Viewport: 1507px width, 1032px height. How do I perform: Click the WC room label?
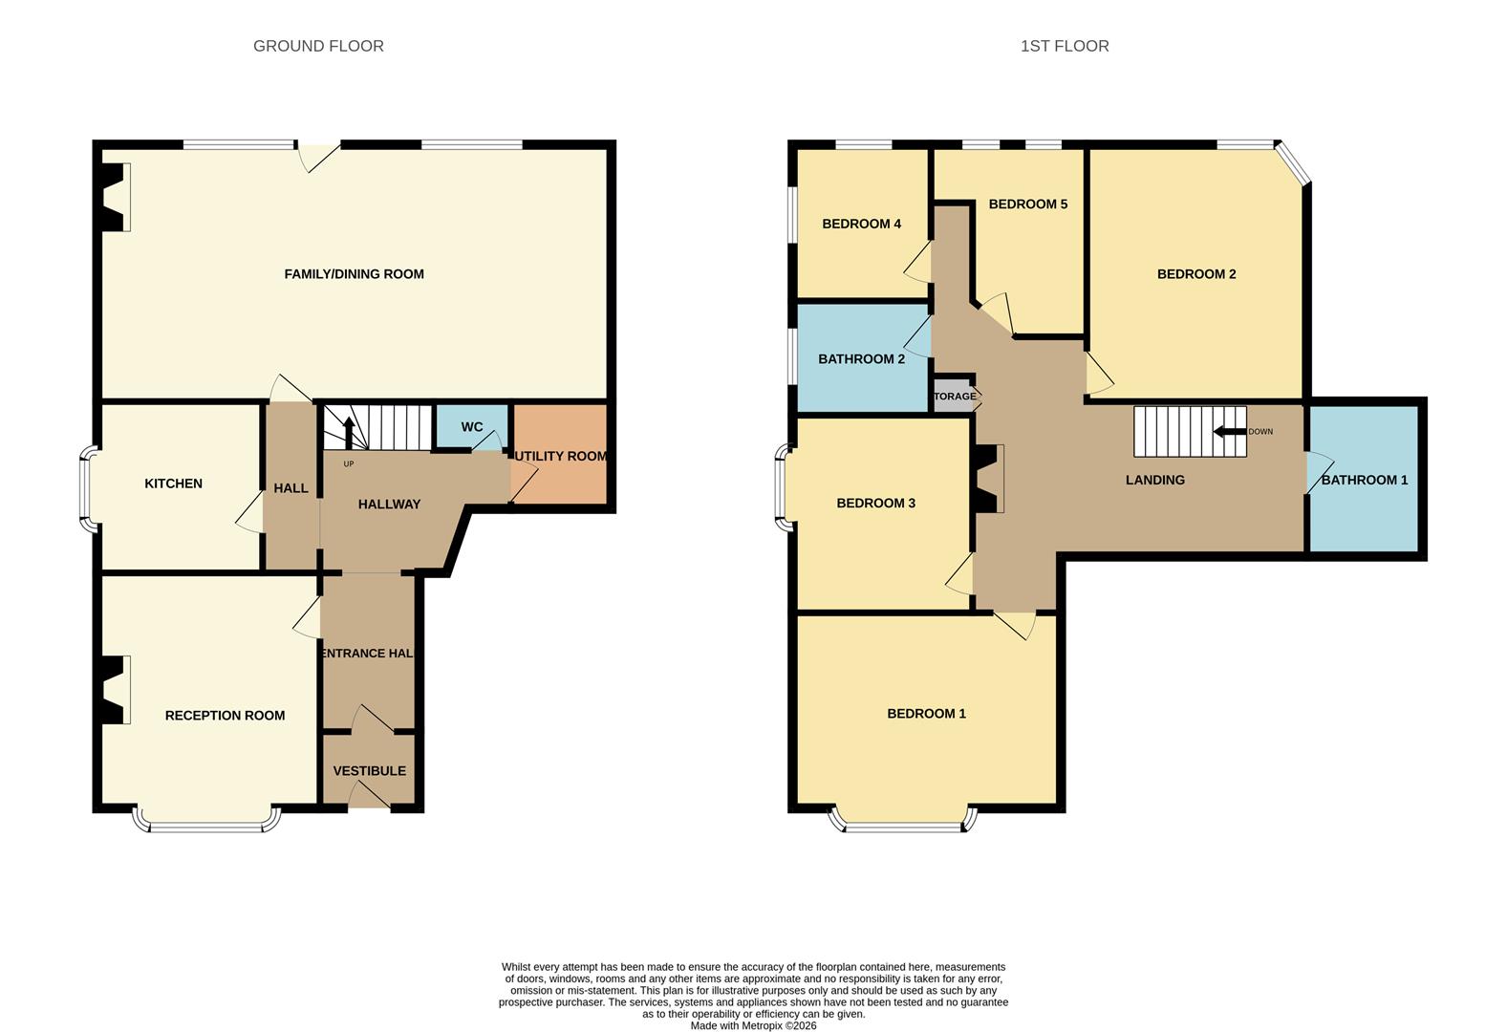pyautogui.click(x=472, y=427)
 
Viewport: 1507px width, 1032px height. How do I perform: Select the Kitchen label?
pyautogui.click(x=173, y=484)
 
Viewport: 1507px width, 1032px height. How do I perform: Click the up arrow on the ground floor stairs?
pyautogui.click(x=348, y=431)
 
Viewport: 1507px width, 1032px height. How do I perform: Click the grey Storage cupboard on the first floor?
pyautogui.click(x=955, y=396)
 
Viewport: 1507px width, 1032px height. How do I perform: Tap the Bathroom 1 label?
pyautogui.click(x=1364, y=480)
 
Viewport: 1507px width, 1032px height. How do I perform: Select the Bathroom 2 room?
pyautogui.click(x=861, y=359)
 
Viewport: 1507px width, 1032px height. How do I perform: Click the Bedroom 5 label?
pyautogui.click(x=1027, y=204)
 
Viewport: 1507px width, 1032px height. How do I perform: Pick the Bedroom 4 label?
pyautogui.click(x=861, y=225)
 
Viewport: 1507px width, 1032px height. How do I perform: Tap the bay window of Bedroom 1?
pyautogui.click(x=904, y=823)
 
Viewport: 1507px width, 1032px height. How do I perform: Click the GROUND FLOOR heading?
pyautogui.click(x=318, y=46)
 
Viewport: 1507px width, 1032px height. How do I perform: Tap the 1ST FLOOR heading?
pyautogui.click(x=1064, y=46)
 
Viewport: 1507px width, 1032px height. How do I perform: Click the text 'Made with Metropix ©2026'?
pyautogui.click(x=753, y=1025)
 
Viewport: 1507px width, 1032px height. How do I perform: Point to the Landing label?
pyautogui.click(x=1154, y=481)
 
